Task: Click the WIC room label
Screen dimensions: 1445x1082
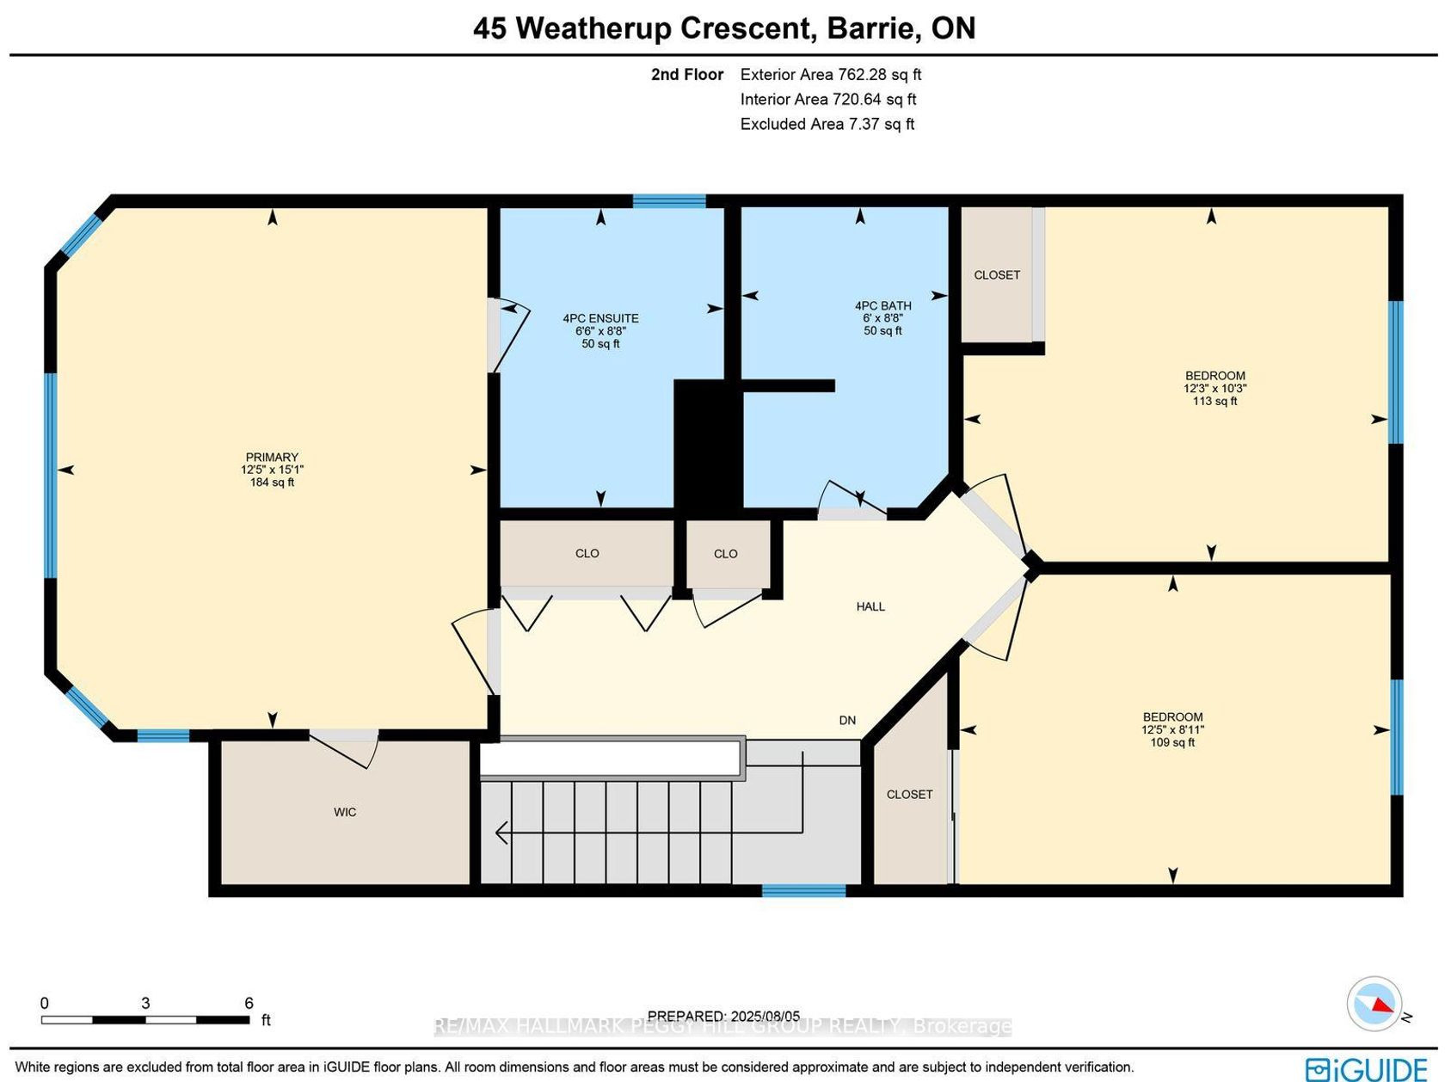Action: [345, 812]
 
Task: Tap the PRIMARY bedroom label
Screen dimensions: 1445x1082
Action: [272, 457]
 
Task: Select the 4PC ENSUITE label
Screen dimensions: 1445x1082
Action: [600, 318]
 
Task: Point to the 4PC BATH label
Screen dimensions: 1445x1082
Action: [882, 305]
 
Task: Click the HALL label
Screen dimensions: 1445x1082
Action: [870, 607]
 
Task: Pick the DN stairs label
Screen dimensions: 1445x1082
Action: [847, 720]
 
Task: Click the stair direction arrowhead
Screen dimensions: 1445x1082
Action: [501, 833]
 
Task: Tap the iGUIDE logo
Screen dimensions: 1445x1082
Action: [1367, 1068]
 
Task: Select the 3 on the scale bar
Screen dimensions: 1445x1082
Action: [145, 1003]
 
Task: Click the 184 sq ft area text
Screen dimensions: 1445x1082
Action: [272, 483]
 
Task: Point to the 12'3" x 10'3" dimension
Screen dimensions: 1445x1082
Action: [1214, 388]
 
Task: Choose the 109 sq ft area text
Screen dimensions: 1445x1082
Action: [1172, 742]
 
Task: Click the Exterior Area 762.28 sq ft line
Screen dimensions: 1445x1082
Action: [831, 74]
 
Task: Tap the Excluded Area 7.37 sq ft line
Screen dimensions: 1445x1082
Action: [827, 124]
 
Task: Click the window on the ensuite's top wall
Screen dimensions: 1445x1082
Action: [669, 200]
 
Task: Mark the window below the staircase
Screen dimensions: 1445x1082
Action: [804, 890]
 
